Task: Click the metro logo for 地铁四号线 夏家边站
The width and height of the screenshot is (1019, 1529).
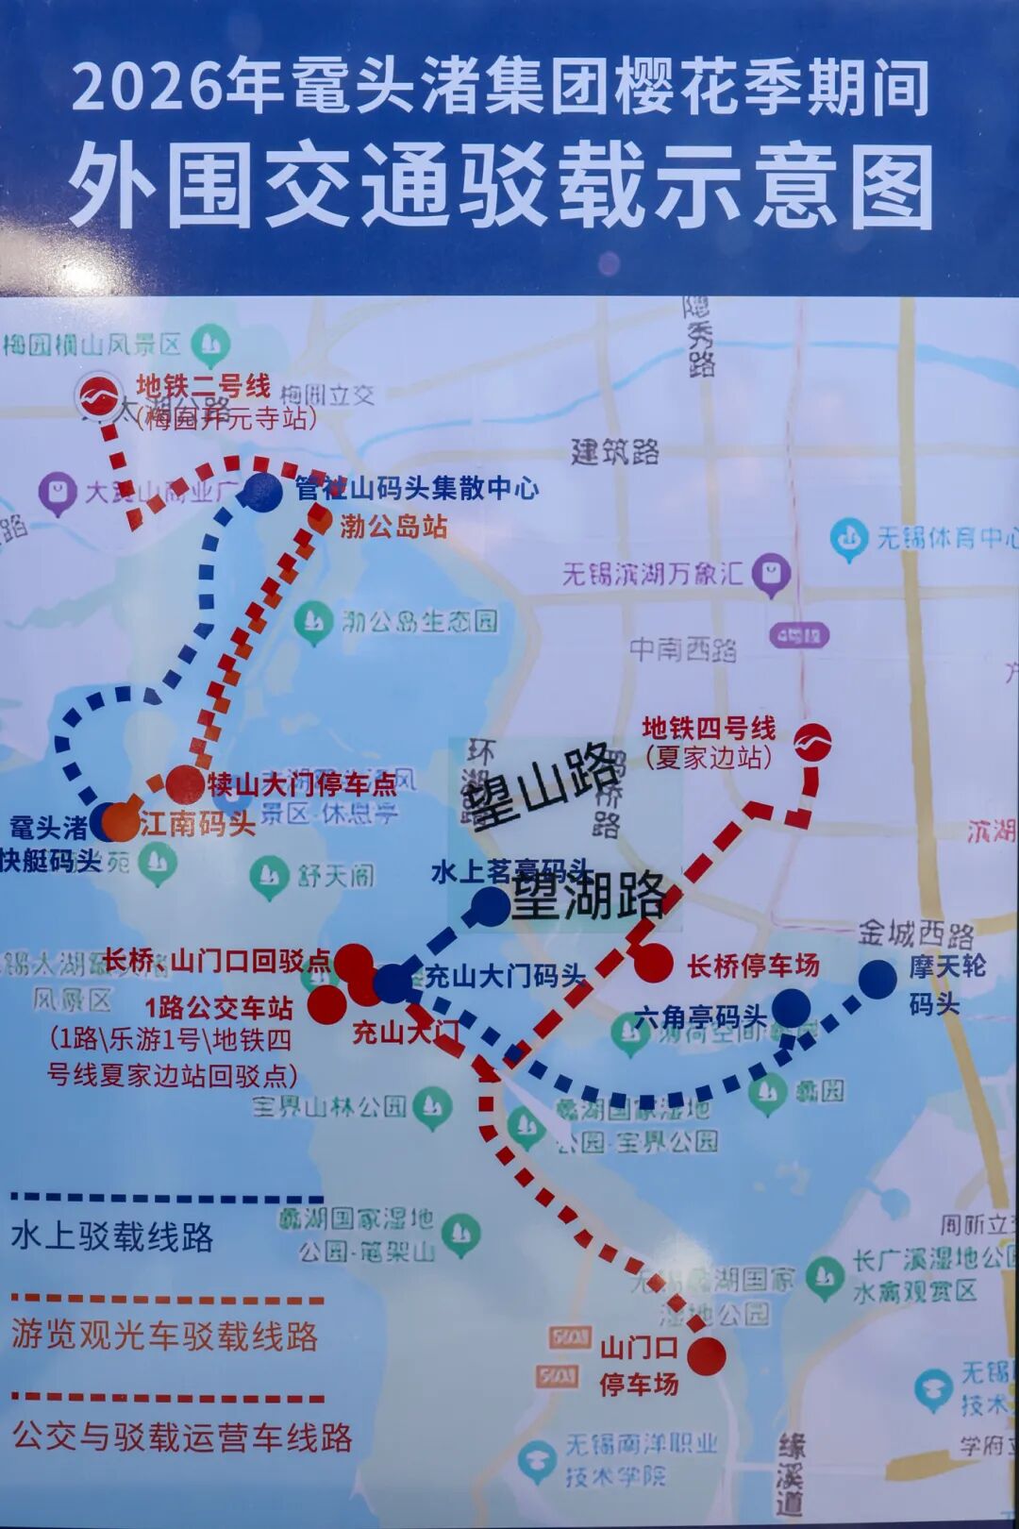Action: [811, 742]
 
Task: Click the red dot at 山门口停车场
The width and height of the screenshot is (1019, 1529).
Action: [706, 1356]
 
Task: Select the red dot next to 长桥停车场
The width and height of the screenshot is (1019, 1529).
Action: [653, 964]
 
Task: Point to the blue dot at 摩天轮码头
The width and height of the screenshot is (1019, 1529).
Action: [877, 979]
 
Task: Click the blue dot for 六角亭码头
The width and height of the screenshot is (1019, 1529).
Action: [790, 1008]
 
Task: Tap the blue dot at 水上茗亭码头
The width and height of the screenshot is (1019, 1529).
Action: [490, 905]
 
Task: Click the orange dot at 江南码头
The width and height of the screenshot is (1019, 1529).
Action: [121, 822]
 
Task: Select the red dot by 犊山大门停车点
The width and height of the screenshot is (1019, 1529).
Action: [185, 784]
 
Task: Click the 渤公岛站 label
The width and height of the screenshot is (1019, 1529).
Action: [393, 526]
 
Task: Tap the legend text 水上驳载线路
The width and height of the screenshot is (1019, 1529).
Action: [112, 1236]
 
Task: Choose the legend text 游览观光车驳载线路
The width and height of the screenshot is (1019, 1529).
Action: [165, 1336]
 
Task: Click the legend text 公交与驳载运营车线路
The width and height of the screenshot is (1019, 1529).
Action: [182, 1437]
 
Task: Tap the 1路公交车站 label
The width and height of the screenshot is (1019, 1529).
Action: [218, 1008]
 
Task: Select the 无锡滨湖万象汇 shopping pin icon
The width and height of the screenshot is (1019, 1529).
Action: [774, 573]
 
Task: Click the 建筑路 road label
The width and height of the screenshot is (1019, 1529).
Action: [614, 452]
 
